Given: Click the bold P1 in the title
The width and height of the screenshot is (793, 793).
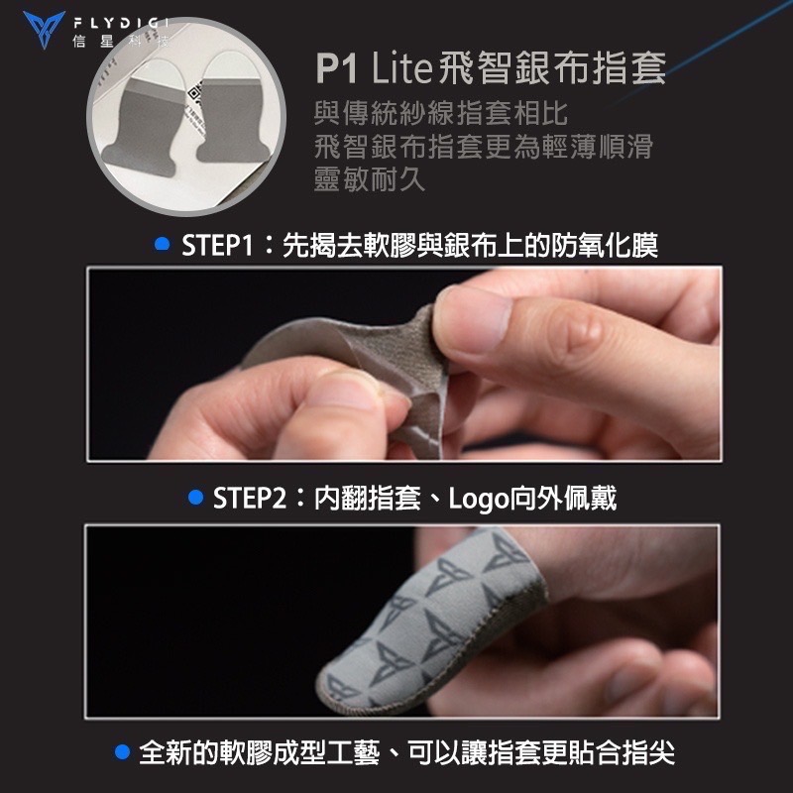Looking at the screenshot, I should pyautogui.click(x=338, y=69).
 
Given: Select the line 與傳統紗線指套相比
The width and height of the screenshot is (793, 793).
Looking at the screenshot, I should pyautogui.click(x=441, y=112).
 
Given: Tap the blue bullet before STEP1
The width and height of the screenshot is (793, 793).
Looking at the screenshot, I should pyautogui.click(x=161, y=244).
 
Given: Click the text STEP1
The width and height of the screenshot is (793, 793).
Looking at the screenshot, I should pyautogui.click(x=216, y=245).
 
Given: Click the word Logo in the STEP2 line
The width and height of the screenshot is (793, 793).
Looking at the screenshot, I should pyautogui.click(x=479, y=498).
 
